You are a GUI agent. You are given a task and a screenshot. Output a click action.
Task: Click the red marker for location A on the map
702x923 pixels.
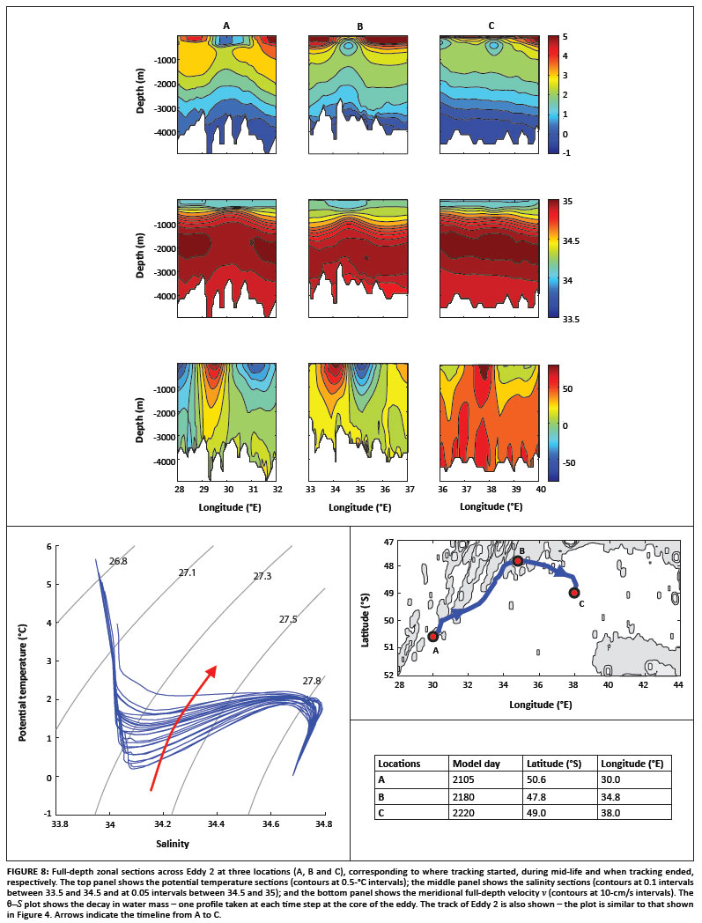tap(432, 636)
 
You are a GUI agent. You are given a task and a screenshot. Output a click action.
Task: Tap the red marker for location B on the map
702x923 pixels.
tap(518, 560)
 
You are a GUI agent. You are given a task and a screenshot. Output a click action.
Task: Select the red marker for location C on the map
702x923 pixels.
tap(574, 593)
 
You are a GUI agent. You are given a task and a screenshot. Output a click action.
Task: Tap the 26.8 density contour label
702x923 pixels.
tap(119, 560)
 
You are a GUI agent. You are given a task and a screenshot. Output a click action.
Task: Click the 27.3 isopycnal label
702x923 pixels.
tap(262, 576)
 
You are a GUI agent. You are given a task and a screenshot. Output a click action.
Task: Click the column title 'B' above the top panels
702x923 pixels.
tap(359, 26)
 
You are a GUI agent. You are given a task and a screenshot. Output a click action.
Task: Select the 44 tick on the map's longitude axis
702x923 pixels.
tap(677, 683)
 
